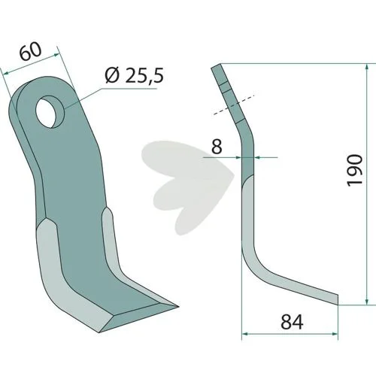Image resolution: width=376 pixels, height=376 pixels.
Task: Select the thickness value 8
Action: pyautogui.click(x=217, y=147)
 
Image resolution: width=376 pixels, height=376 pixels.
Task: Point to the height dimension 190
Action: pyautogui.click(x=355, y=171)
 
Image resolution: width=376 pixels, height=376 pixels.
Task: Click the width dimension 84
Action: pyautogui.click(x=293, y=322)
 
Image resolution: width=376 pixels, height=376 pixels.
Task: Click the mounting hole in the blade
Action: pyautogui.click(x=50, y=111)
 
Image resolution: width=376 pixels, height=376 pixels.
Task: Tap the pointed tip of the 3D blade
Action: pyautogui.click(x=177, y=306)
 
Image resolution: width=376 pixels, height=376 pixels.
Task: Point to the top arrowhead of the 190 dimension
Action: pyautogui.click(x=367, y=68)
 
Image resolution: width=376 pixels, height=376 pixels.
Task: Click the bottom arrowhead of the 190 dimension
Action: pyautogui.click(x=367, y=301)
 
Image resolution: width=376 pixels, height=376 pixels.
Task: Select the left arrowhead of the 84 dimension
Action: pyautogui.click(x=246, y=334)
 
